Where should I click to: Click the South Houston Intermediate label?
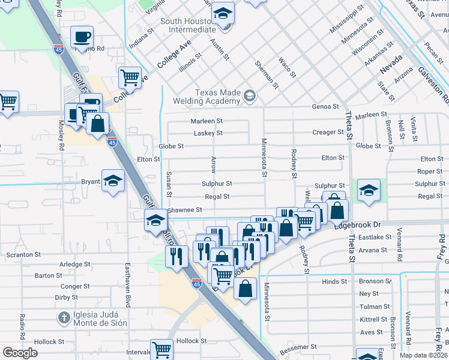188,25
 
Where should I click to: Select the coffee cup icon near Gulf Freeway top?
82,37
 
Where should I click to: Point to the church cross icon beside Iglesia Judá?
63,316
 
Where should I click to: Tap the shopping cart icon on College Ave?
130,77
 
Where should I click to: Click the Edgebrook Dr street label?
357,224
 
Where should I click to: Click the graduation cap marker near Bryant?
113,181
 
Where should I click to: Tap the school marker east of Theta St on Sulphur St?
369,190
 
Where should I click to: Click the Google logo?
20,352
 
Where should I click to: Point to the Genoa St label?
325,107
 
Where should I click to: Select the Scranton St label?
23,254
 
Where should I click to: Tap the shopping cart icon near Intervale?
161,349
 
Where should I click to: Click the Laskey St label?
206,133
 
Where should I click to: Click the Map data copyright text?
424,355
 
